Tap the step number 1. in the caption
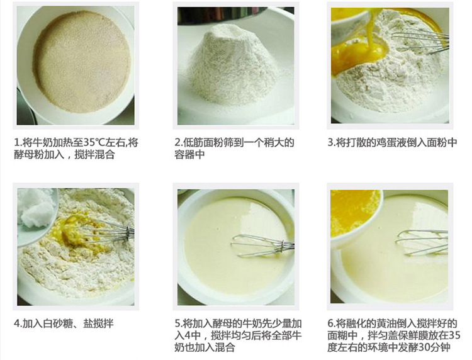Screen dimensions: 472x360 (18, 142)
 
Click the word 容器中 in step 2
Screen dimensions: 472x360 (189, 154)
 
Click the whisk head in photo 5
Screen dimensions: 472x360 (261, 245)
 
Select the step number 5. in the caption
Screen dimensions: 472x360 (179, 323)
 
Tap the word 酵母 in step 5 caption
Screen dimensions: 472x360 (222, 323)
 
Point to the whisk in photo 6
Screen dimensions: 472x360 (422, 242)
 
